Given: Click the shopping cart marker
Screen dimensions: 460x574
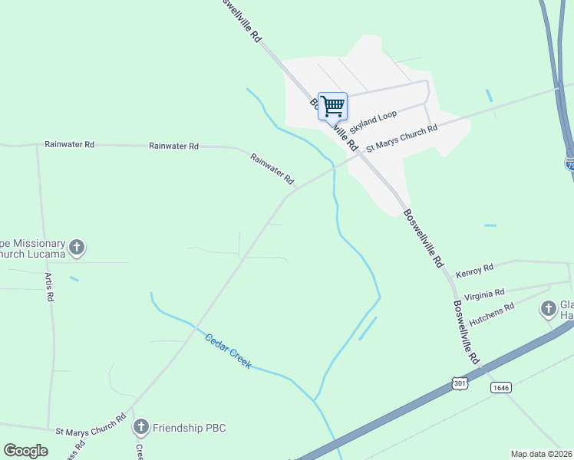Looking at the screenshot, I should (x=332, y=106).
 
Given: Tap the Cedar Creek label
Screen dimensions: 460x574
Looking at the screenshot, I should (x=228, y=351).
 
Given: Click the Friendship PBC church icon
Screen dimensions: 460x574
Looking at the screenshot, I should (x=140, y=427).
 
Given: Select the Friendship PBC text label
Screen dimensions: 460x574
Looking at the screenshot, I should (x=190, y=427).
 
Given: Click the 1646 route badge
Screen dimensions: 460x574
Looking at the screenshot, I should (x=500, y=388).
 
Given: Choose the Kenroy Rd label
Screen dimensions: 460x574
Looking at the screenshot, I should (x=474, y=271).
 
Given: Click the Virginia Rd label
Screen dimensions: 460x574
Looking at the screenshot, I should (x=484, y=293).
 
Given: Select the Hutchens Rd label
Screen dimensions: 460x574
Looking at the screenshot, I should (x=491, y=311).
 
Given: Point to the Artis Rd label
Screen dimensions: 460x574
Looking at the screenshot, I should (x=49, y=286).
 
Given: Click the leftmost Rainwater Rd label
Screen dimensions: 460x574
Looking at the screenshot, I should (x=69, y=144).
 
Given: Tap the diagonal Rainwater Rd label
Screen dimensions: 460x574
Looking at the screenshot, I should (x=272, y=169).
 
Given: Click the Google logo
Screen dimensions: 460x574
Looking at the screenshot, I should (x=25, y=451).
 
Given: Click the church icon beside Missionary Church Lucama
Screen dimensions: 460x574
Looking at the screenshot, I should (x=76, y=248).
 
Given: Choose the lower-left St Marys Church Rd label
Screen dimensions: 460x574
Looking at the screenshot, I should (x=91, y=426).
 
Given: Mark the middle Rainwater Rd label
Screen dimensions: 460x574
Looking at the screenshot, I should (x=173, y=146).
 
